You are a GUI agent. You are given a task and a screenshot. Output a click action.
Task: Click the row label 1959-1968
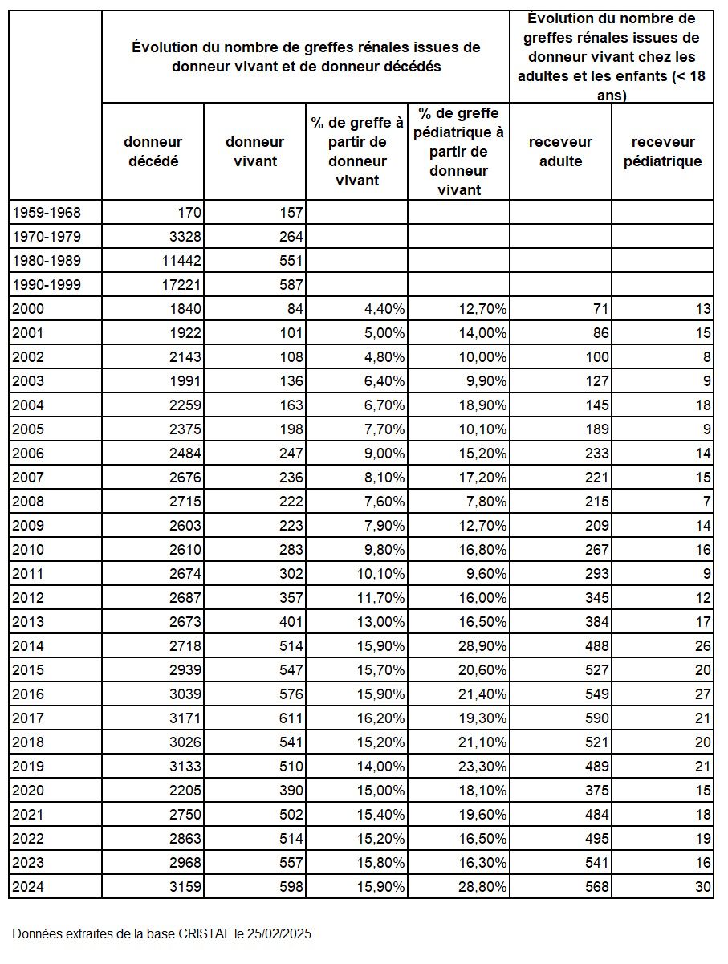[47, 213]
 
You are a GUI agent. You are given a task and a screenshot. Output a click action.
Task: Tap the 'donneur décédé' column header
[153, 152]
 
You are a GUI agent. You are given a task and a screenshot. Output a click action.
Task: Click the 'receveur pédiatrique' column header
[662, 152]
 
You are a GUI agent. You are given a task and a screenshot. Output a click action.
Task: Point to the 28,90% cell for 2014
[481, 646]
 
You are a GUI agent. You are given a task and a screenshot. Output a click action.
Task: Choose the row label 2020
[28, 791]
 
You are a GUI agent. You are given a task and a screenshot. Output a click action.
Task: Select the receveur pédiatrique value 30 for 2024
[703, 887]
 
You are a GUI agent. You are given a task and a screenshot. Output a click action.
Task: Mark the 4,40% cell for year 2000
[379, 309]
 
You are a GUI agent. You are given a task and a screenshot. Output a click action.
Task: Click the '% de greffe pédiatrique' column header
[458, 152]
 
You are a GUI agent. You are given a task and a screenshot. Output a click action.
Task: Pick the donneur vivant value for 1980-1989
[287, 261]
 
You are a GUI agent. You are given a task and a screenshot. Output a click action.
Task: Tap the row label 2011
[28, 574]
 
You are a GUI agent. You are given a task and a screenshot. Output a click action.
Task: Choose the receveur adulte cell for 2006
[596, 454]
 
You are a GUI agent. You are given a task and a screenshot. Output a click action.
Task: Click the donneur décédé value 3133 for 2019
[185, 767]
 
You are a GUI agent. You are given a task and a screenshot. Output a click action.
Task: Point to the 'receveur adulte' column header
[560, 152]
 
